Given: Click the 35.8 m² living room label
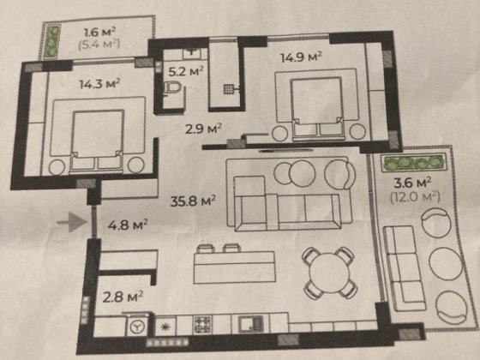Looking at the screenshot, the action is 193,201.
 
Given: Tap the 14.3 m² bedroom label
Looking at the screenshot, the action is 99,84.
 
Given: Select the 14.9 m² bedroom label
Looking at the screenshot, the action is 301,57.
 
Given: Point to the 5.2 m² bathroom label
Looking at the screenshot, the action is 186,72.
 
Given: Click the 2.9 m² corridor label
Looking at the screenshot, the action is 203,129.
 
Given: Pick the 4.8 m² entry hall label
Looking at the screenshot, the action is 128,225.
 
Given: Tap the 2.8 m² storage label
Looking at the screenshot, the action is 123,297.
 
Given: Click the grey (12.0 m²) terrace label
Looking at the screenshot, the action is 415,196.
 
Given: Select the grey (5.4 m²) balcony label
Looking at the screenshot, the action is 99,45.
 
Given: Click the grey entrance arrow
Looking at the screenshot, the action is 72,223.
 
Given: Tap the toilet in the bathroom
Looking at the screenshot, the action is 172,89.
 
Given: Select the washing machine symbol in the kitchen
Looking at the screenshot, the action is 137,327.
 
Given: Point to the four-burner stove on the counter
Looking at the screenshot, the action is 202,325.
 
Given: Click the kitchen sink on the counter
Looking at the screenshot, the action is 250,324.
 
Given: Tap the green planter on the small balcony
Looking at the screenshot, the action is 53,42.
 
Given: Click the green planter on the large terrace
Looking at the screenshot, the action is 413,163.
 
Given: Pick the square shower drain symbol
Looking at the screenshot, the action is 228,89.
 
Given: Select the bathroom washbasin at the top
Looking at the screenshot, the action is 192,53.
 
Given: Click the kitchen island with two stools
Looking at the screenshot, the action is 235,264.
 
